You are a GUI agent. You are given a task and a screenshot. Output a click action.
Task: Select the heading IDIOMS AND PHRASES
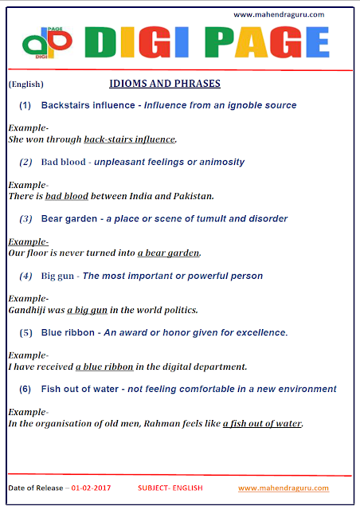point(164,84)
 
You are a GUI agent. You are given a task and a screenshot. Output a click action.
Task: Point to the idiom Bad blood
point(64,162)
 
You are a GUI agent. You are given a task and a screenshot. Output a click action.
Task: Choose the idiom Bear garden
point(70,218)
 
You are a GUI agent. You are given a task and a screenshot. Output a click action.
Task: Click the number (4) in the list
point(25,276)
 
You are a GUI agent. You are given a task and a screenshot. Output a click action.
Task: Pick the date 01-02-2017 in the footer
point(92,486)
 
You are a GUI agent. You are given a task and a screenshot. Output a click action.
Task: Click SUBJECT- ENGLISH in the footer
point(170,486)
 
